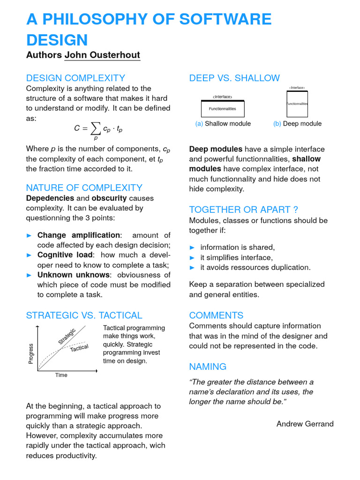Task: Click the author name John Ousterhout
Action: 102,55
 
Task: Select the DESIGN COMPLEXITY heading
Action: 75,78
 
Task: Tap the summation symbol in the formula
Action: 95,128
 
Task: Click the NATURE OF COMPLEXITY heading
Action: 84,188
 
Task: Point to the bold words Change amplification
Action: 79,235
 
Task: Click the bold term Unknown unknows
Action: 74,275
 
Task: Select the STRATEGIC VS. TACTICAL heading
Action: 84,315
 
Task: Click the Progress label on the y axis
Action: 31,354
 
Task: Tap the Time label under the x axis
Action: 61,375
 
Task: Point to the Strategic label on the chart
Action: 67,337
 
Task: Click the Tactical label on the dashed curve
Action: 79,348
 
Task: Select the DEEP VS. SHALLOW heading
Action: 234,78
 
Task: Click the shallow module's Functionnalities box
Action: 222,109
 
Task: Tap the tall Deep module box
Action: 297,104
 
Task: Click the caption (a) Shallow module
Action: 223,124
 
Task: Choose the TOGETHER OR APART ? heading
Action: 244,210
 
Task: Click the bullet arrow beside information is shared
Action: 192,247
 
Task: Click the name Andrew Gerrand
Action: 305,424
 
